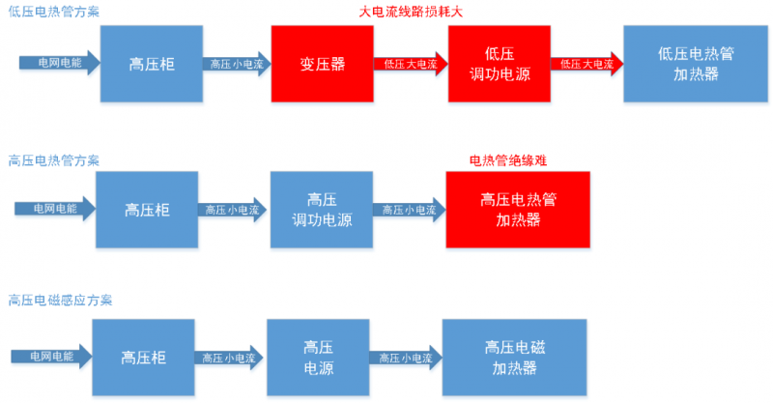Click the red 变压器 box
323,64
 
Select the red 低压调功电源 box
500,64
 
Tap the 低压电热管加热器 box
696,64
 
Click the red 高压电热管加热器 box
518,210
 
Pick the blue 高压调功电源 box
322,210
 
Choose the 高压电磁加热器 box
514,358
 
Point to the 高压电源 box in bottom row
318,358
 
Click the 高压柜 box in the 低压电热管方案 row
152,64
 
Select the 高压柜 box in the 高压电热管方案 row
147,210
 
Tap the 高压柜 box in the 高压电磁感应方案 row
143,358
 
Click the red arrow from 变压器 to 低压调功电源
411,64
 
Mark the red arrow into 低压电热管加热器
587,64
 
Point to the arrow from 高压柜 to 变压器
237,64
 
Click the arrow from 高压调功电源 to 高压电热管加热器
409,210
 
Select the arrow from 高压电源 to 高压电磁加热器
406,358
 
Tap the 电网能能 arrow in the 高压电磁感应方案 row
52,357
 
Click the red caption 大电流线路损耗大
411,12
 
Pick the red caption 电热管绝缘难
508,160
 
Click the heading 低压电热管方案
54,12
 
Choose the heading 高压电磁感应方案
60,300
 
